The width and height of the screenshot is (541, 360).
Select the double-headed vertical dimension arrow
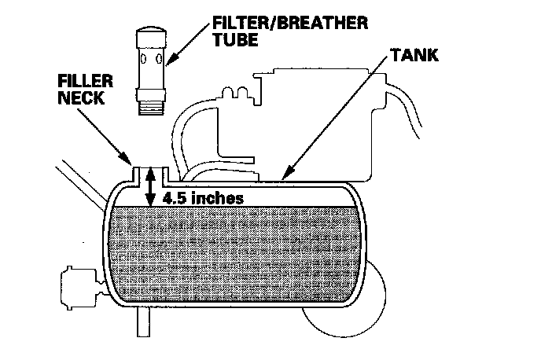(150, 189)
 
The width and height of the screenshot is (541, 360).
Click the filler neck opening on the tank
(149, 169)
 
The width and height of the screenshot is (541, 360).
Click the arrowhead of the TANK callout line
(282, 177)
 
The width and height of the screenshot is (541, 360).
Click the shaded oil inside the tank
(236, 252)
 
